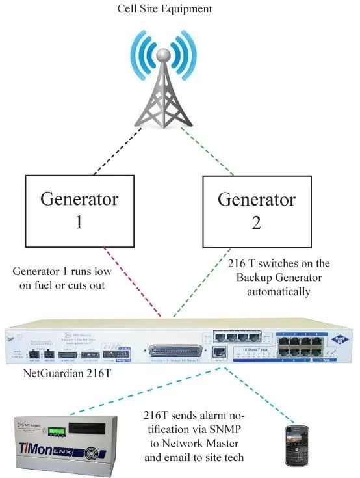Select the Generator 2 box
[256, 209]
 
